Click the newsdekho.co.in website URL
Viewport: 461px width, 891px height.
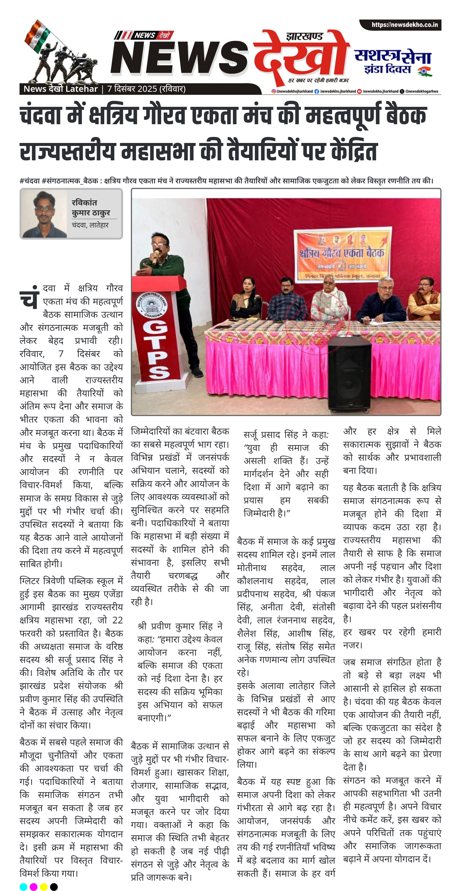[404, 25]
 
